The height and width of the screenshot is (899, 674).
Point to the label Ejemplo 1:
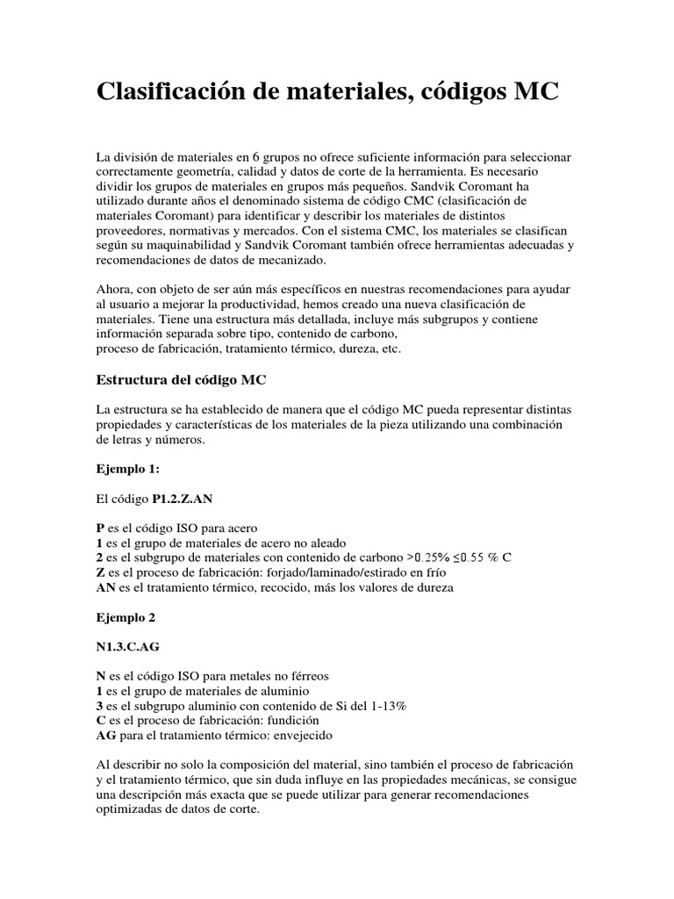pos(127,469)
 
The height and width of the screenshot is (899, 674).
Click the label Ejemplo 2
pos(125,617)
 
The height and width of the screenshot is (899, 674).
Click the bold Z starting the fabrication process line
pos(100,572)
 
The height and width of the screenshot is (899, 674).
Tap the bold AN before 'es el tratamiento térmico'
pos(105,587)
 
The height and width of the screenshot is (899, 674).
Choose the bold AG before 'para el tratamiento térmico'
pos(105,735)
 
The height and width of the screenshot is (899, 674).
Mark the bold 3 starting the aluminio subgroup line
pos(99,705)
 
